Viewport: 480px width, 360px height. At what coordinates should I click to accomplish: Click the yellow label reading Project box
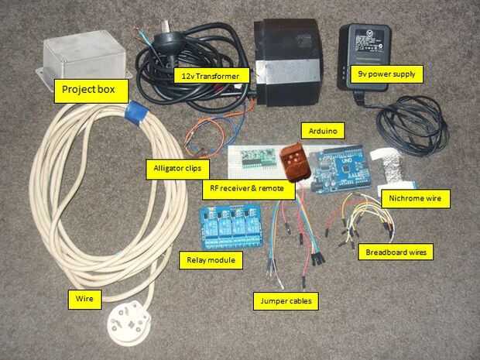pyautogui.click(x=88, y=90)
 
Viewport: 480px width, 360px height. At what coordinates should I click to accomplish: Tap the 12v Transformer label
pyautogui.click(x=211, y=76)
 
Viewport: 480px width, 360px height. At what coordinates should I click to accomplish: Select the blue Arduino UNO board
pyautogui.click(x=344, y=171)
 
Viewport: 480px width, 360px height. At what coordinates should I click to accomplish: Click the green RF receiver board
pyautogui.click(x=260, y=158)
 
